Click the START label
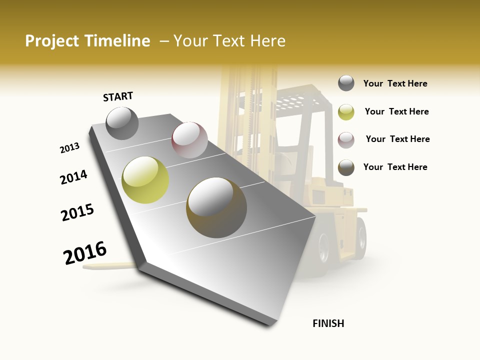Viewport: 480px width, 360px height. [118, 96]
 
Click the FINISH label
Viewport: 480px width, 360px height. [328, 323]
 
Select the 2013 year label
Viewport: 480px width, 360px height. [69, 148]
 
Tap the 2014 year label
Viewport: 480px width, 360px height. [73, 177]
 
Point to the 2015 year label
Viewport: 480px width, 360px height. [77, 212]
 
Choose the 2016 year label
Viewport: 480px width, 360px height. [85, 253]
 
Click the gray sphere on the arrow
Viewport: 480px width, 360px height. [122, 123]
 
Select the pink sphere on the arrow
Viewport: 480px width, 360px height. [189, 140]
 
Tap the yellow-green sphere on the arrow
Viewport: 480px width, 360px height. [145, 180]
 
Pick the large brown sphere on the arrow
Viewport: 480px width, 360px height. [216, 207]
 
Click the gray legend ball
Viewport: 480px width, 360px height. [346, 83]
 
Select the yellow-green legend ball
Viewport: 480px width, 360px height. [346, 112]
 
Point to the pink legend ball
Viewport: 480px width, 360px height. [346, 139]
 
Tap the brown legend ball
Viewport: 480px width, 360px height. [346, 167]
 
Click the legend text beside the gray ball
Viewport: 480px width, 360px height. [395, 83]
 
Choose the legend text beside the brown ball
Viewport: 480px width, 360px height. [395, 167]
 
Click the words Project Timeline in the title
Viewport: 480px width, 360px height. [87, 41]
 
